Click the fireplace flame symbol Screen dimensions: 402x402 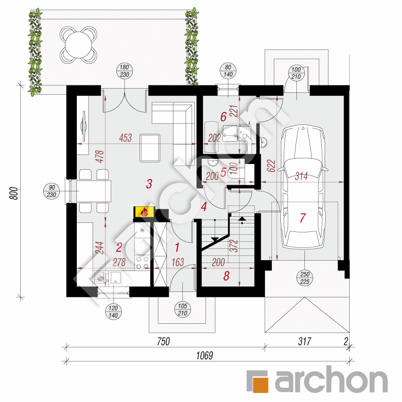[145, 212]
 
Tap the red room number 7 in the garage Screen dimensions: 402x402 [303, 218]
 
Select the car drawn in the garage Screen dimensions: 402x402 [303, 187]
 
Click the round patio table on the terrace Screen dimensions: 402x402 [78, 45]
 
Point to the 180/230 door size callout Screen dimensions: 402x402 [124, 71]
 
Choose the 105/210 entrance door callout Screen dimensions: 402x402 [182, 310]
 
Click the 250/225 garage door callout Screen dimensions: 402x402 [305, 278]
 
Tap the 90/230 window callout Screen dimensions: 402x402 [51, 191]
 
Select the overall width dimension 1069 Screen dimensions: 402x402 [205, 356]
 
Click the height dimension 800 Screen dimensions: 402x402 [14, 193]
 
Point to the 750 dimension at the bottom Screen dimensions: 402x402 [164, 342]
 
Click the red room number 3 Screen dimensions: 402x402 [149, 184]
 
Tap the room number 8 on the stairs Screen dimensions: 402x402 [226, 276]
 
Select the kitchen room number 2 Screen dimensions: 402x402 [119, 248]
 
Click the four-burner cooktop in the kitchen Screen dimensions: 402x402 [142, 263]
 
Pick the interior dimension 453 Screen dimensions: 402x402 [125, 138]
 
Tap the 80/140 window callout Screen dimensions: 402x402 [228, 71]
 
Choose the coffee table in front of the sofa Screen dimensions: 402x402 [150, 148]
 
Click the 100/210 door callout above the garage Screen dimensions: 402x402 [296, 73]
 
